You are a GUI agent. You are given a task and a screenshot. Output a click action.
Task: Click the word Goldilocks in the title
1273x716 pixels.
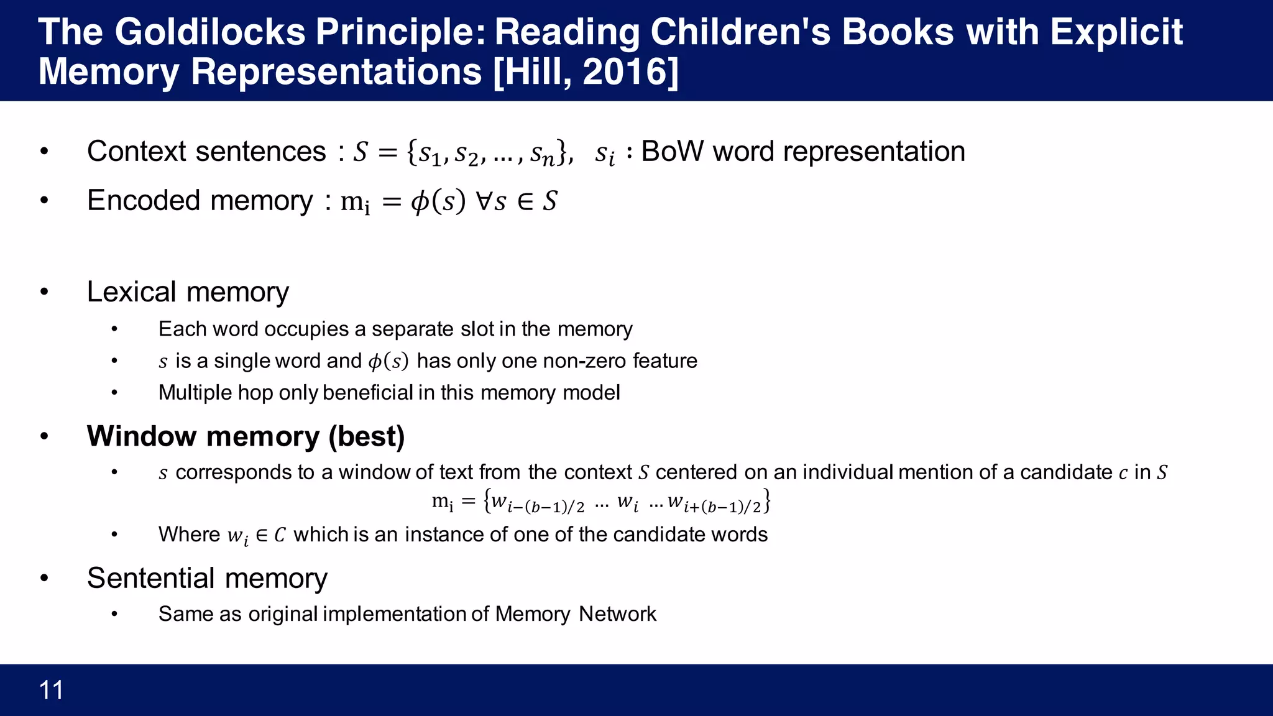coord(210,32)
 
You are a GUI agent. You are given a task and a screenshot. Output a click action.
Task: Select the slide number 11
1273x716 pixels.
coord(51,691)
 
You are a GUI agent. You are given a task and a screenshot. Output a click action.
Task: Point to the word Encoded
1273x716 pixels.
coord(144,201)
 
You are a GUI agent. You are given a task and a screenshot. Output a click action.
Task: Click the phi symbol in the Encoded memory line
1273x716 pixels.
coord(420,202)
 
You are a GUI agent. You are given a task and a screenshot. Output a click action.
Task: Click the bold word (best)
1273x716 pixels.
coord(367,436)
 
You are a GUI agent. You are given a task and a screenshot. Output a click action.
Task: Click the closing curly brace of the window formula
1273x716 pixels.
coord(767,501)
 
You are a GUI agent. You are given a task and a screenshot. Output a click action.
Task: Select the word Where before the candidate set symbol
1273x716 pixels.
coord(189,535)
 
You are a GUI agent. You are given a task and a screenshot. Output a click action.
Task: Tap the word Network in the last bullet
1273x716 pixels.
coord(617,614)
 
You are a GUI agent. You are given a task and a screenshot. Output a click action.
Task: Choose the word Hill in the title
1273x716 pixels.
coord(533,72)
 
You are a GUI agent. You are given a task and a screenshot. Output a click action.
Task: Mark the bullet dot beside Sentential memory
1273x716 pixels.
coord(44,579)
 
